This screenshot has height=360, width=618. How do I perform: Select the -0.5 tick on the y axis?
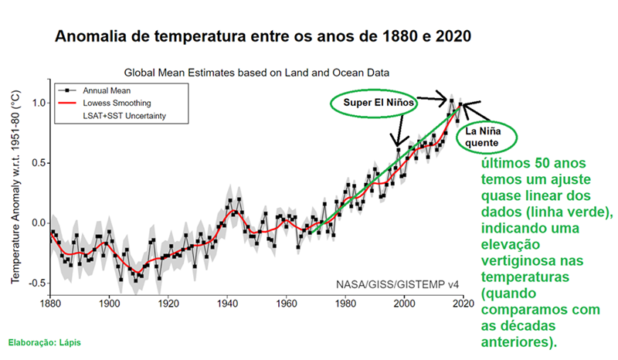coord(36,284)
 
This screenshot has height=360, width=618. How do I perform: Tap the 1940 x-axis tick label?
coord(227,303)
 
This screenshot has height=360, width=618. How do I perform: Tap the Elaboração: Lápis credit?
coord(44,341)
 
